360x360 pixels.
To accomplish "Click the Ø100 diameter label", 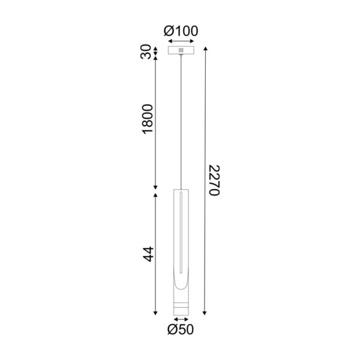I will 181,31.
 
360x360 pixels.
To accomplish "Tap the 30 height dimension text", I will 146,52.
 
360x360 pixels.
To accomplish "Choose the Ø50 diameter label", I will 181,329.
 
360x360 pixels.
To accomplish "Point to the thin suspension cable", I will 180,120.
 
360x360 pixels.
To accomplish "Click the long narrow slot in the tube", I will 180,234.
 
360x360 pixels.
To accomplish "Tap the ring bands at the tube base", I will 180,307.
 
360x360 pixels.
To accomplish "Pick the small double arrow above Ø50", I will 180,319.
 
